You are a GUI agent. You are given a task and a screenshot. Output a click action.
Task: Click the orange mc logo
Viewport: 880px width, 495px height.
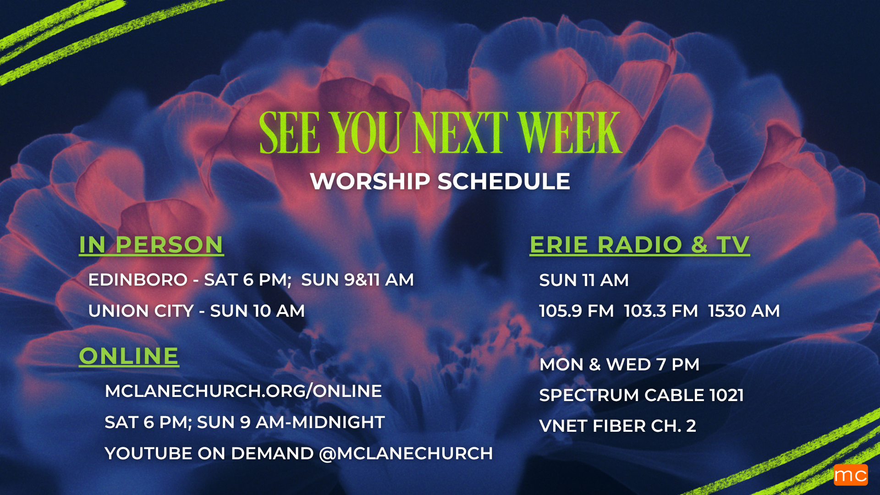[851, 475]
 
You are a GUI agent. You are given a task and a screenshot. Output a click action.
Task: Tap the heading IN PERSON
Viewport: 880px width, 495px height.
[151, 245]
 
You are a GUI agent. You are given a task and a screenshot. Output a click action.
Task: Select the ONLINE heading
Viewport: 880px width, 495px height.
[129, 356]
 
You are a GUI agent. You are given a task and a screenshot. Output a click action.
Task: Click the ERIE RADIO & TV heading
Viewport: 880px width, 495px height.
[640, 245]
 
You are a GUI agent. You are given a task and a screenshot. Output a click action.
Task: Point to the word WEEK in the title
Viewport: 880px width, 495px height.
[570, 133]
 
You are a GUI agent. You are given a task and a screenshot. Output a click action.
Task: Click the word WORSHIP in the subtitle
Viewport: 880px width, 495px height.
[370, 181]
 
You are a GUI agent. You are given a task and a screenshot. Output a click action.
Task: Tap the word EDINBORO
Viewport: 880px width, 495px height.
[138, 280]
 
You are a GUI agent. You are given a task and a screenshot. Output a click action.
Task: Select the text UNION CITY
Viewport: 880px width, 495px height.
[141, 311]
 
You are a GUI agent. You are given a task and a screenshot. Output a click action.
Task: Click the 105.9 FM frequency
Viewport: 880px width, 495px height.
[577, 311]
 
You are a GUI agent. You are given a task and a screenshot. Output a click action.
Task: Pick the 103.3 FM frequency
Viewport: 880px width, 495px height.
[661, 311]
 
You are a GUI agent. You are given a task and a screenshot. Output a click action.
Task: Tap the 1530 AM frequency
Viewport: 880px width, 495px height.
[744, 311]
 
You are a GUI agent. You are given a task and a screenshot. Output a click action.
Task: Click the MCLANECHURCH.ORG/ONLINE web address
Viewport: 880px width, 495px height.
[243, 391]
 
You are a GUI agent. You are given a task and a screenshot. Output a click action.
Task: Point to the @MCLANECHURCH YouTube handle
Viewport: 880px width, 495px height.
[406, 453]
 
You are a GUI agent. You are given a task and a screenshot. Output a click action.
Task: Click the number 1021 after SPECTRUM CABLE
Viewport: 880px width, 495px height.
[726, 395]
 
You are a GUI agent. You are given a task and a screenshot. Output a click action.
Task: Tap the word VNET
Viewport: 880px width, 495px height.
[563, 426]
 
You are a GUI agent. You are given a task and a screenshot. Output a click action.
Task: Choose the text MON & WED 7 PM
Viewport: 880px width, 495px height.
[620, 364]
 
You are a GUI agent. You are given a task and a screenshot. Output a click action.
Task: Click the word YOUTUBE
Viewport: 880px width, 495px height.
[148, 453]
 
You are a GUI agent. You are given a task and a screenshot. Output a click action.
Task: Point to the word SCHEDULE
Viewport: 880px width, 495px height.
[504, 181]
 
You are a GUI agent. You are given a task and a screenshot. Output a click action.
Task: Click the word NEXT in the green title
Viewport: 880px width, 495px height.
[460, 133]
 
